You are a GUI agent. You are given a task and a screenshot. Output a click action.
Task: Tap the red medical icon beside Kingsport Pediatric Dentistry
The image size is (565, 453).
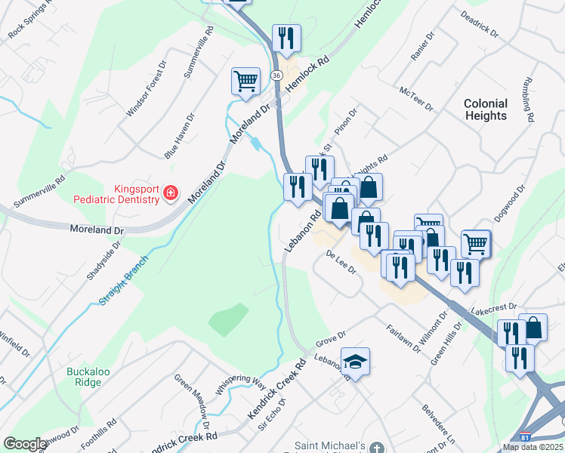pos(171,194)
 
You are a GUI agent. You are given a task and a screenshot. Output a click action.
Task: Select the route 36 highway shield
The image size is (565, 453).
pos(276,75)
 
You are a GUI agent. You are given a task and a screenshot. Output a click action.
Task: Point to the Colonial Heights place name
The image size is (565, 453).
pos(486,109)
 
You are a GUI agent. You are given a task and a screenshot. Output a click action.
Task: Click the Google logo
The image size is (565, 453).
pos(25,444)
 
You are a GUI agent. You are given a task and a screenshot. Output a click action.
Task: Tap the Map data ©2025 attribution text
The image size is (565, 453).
pos(532,447)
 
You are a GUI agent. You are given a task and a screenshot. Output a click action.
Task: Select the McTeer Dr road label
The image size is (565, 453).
pos(417,99)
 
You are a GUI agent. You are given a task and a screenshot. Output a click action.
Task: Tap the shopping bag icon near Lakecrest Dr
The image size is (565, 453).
pos(533,327)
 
